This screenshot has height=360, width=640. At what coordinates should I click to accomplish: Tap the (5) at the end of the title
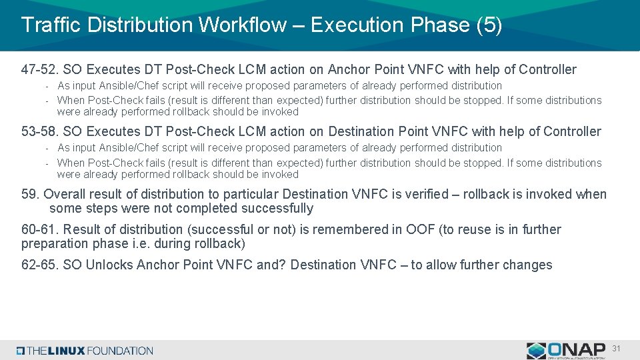click(489, 25)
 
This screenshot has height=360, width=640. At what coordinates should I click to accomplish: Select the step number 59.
click(30, 194)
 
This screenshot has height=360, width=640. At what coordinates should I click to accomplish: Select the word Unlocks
click(110, 265)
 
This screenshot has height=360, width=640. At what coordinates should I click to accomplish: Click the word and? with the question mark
click(271, 265)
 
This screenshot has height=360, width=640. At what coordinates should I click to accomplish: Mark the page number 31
click(616, 348)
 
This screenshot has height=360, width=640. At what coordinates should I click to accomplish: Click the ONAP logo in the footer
click(566, 350)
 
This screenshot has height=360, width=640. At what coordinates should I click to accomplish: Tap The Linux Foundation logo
click(85, 351)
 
